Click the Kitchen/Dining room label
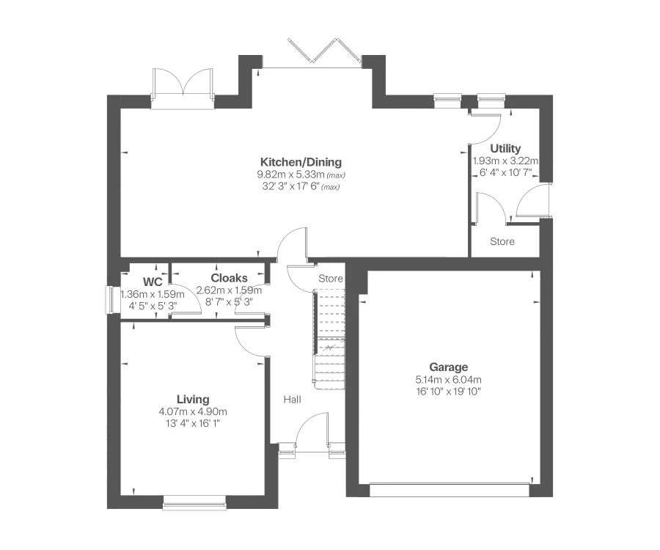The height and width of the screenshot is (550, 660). pyautogui.click(x=301, y=162)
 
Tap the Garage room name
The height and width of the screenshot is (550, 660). pyautogui.click(x=449, y=367)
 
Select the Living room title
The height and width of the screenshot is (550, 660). pyautogui.click(x=194, y=400)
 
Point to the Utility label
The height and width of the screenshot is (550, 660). pyautogui.click(x=505, y=149)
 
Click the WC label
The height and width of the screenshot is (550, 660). pyautogui.click(x=153, y=281)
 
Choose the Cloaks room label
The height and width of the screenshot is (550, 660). pyautogui.click(x=229, y=278)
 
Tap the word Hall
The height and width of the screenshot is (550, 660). pyautogui.click(x=293, y=399)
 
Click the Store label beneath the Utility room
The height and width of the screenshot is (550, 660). pyautogui.click(x=502, y=241)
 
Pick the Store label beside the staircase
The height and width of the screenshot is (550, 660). pyautogui.click(x=330, y=279)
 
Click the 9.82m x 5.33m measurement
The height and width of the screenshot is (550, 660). pyautogui.click(x=291, y=175)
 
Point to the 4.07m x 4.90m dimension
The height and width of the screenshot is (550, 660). pyautogui.click(x=193, y=411)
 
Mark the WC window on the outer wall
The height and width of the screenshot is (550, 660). pyautogui.click(x=109, y=300)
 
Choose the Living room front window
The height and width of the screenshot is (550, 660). pyautogui.click(x=194, y=502)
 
